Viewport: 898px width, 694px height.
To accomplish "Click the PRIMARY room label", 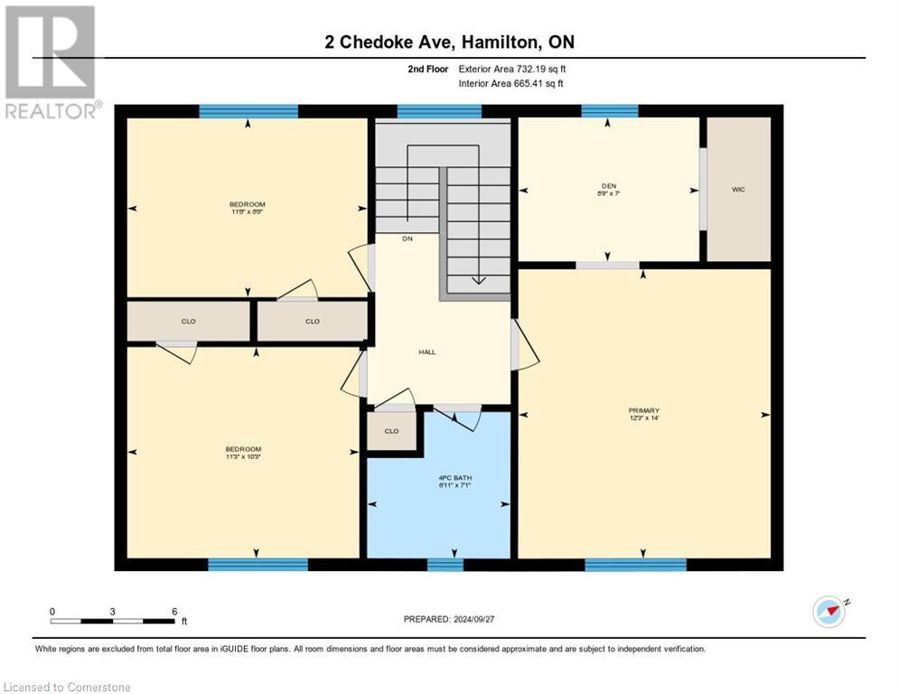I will [x=644, y=413].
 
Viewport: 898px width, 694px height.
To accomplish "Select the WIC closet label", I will [x=738, y=190].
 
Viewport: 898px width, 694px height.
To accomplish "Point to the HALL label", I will [x=427, y=352].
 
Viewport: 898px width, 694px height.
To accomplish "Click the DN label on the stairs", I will [x=407, y=239].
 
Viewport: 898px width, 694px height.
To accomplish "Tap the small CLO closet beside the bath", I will [x=391, y=431].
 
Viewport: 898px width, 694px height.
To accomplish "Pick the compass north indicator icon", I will [x=828, y=612].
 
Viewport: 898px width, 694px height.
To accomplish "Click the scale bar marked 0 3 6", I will [x=113, y=619].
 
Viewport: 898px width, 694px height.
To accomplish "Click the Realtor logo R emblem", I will [x=50, y=52].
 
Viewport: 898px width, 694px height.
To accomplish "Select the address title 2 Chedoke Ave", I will [x=449, y=42].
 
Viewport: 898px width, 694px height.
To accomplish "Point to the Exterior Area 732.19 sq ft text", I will [x=511, y=68].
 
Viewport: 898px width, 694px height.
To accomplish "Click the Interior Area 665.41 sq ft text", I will [x=512, y=83].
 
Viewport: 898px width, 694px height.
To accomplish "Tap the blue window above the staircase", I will [x=439, y=112].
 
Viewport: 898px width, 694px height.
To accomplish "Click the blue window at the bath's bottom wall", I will [x=444, y=565].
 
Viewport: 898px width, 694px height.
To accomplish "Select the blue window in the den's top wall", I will [x=609, y=111].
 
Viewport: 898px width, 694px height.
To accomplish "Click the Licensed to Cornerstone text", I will [x=68, y=688].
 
